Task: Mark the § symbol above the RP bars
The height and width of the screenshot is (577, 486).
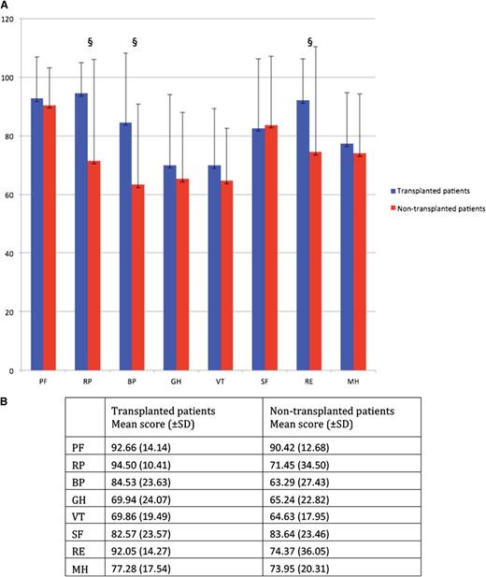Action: click(90, 42)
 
